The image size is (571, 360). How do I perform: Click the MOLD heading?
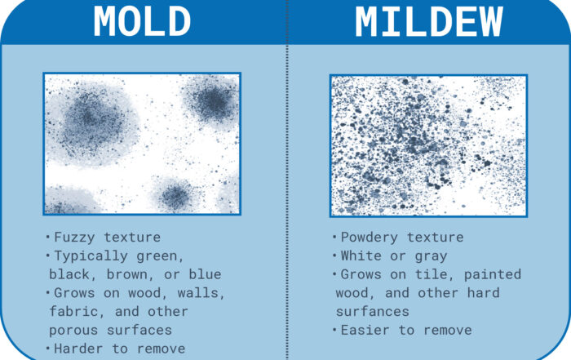click(142, 21)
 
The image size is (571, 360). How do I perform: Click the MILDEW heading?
click(428, 21)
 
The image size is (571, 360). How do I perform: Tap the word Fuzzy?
click(74, 238)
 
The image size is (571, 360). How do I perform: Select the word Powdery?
click(369, 238)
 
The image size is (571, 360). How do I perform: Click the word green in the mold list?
click(160, 256)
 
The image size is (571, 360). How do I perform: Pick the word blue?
click(205, 274)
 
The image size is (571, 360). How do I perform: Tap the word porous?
click(73, 331)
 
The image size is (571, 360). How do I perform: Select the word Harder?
click(78, 349)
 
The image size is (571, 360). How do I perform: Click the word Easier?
click(365, 330)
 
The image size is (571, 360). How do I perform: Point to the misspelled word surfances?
click(372, 312)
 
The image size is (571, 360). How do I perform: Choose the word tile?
click(435, 274)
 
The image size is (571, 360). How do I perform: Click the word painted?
click(493, 275)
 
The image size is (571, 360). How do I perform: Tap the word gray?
click(431, 256)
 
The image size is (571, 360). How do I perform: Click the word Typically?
click(91, 256)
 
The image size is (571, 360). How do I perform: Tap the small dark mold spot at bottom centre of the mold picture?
click(176, 196)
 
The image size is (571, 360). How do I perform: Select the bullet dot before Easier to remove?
click(334, 330)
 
